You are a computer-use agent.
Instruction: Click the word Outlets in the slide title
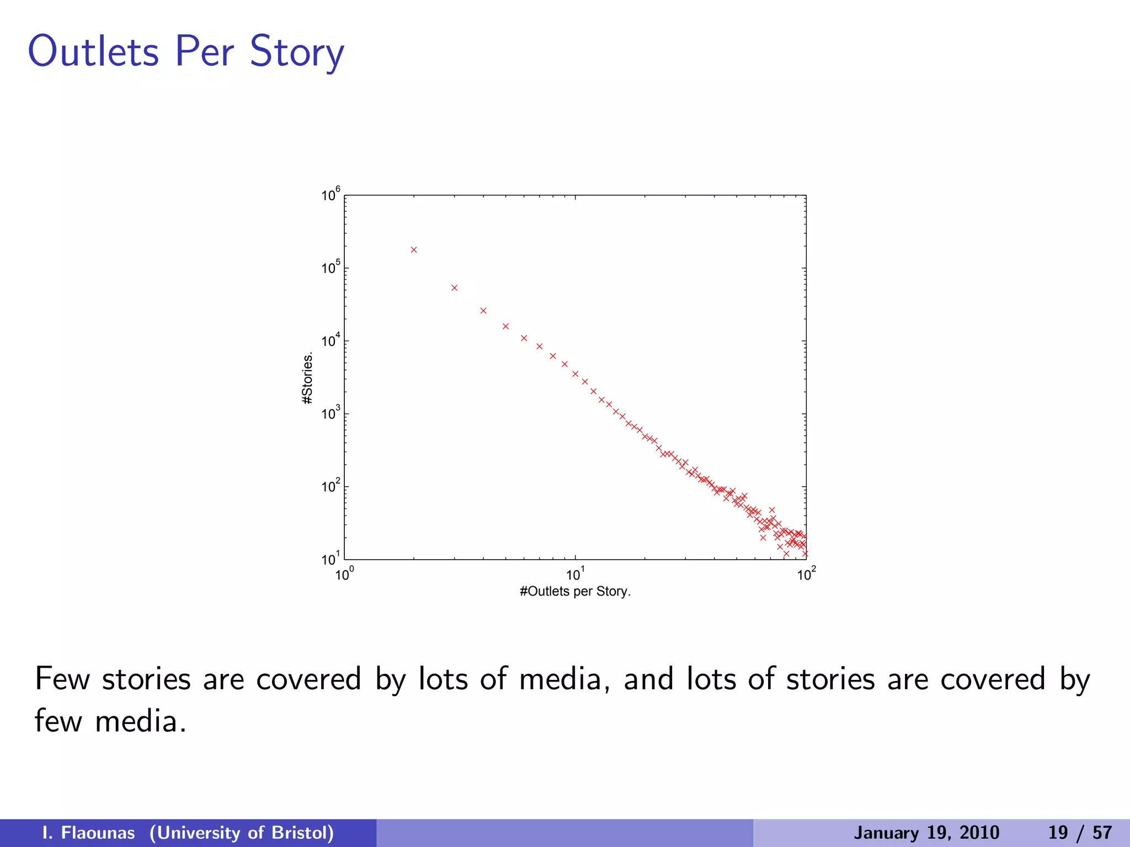(x=94, y=51)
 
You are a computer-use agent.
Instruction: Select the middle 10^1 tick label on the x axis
(x=575, y=575)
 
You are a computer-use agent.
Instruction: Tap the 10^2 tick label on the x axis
(x=806, y=575)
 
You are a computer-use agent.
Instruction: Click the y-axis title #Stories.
(x=308, y=378)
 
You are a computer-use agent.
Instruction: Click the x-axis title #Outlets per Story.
(x=575, y=592)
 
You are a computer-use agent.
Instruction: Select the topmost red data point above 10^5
(x=414, y=250)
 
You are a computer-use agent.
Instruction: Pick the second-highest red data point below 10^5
(x=455, y=288)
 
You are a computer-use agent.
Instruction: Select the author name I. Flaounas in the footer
(x=88, y=833)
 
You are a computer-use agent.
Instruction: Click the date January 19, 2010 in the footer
(x=926, y=833)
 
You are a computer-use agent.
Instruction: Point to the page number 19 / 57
(x=1080, y=833)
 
